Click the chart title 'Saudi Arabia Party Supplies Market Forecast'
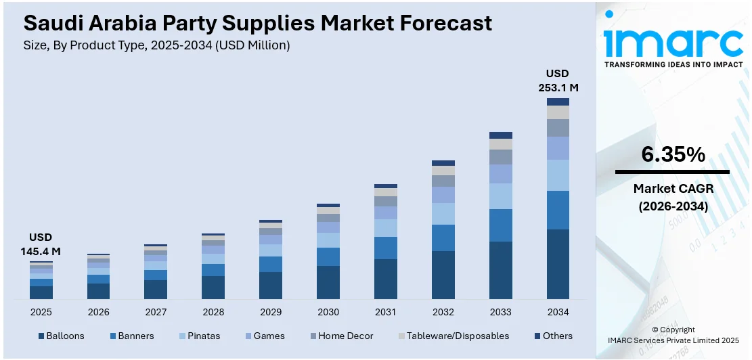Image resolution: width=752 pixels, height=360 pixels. pos(258,23)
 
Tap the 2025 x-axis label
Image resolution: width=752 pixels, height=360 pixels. pos(41,312)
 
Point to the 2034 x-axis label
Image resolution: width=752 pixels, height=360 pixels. pos(558,312)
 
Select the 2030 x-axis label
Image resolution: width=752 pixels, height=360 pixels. pos(328,312)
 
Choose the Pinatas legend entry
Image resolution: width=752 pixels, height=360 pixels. pos(204,336)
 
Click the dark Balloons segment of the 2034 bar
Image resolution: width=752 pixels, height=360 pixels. pos(558,264)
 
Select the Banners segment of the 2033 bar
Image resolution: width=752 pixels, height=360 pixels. pos(501,225)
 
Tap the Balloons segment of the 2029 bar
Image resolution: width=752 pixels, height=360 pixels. pos(271,285)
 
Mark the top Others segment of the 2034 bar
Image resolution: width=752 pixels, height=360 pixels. pos(558,102)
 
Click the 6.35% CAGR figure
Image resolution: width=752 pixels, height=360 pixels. pos(673,155)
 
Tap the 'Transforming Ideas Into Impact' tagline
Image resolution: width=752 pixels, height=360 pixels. pos(673,64)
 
